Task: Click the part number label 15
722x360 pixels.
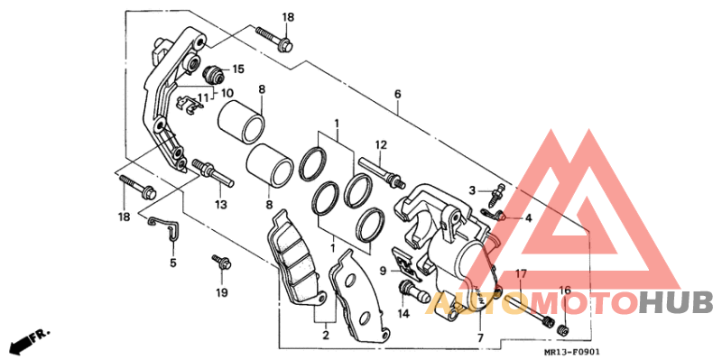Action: click(238, 69)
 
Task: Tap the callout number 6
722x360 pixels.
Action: click(397, 95)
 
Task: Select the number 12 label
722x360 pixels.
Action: click(381, 145)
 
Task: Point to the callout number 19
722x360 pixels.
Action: click(221, 292)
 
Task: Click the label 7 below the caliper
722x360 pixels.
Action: click(480, 338)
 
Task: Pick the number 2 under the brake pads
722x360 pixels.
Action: click(326, 336)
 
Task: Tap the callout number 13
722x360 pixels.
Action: click(220, 205)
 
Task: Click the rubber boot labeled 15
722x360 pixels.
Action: click(213, 74)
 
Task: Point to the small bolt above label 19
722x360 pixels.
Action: click(221, 262)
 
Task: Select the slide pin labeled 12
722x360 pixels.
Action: click(382, 172)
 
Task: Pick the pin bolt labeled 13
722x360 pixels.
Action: click(213, 172)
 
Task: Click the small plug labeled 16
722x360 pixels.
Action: click(561, 329)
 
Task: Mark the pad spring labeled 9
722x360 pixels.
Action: click(406, 264)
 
